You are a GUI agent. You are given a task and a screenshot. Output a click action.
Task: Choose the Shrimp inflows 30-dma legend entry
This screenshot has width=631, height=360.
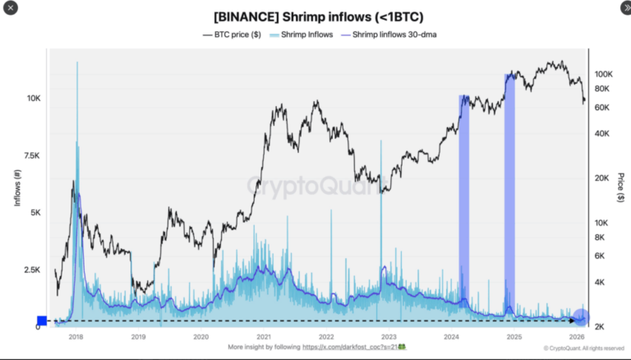click(385, 35)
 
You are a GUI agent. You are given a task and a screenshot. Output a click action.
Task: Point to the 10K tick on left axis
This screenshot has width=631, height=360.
click(34, 99)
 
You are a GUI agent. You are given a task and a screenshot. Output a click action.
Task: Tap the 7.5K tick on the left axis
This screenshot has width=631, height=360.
click(32, 155)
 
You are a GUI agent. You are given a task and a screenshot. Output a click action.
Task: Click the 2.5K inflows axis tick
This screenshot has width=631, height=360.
click(32, 270)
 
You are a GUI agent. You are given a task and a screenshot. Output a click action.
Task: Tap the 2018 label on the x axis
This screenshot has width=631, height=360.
click(76, 337)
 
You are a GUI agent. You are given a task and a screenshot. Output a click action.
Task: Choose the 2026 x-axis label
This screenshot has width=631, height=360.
click(576, 337)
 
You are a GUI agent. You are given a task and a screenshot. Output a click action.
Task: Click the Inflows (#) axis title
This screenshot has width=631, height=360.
click(17, 187)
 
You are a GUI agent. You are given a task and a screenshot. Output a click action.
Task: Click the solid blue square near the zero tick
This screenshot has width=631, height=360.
click(42, 321)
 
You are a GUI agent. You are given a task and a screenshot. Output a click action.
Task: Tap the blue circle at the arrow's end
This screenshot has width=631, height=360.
click(581, 316)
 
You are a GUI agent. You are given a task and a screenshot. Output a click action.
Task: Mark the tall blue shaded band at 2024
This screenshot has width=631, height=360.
click(463, 205)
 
